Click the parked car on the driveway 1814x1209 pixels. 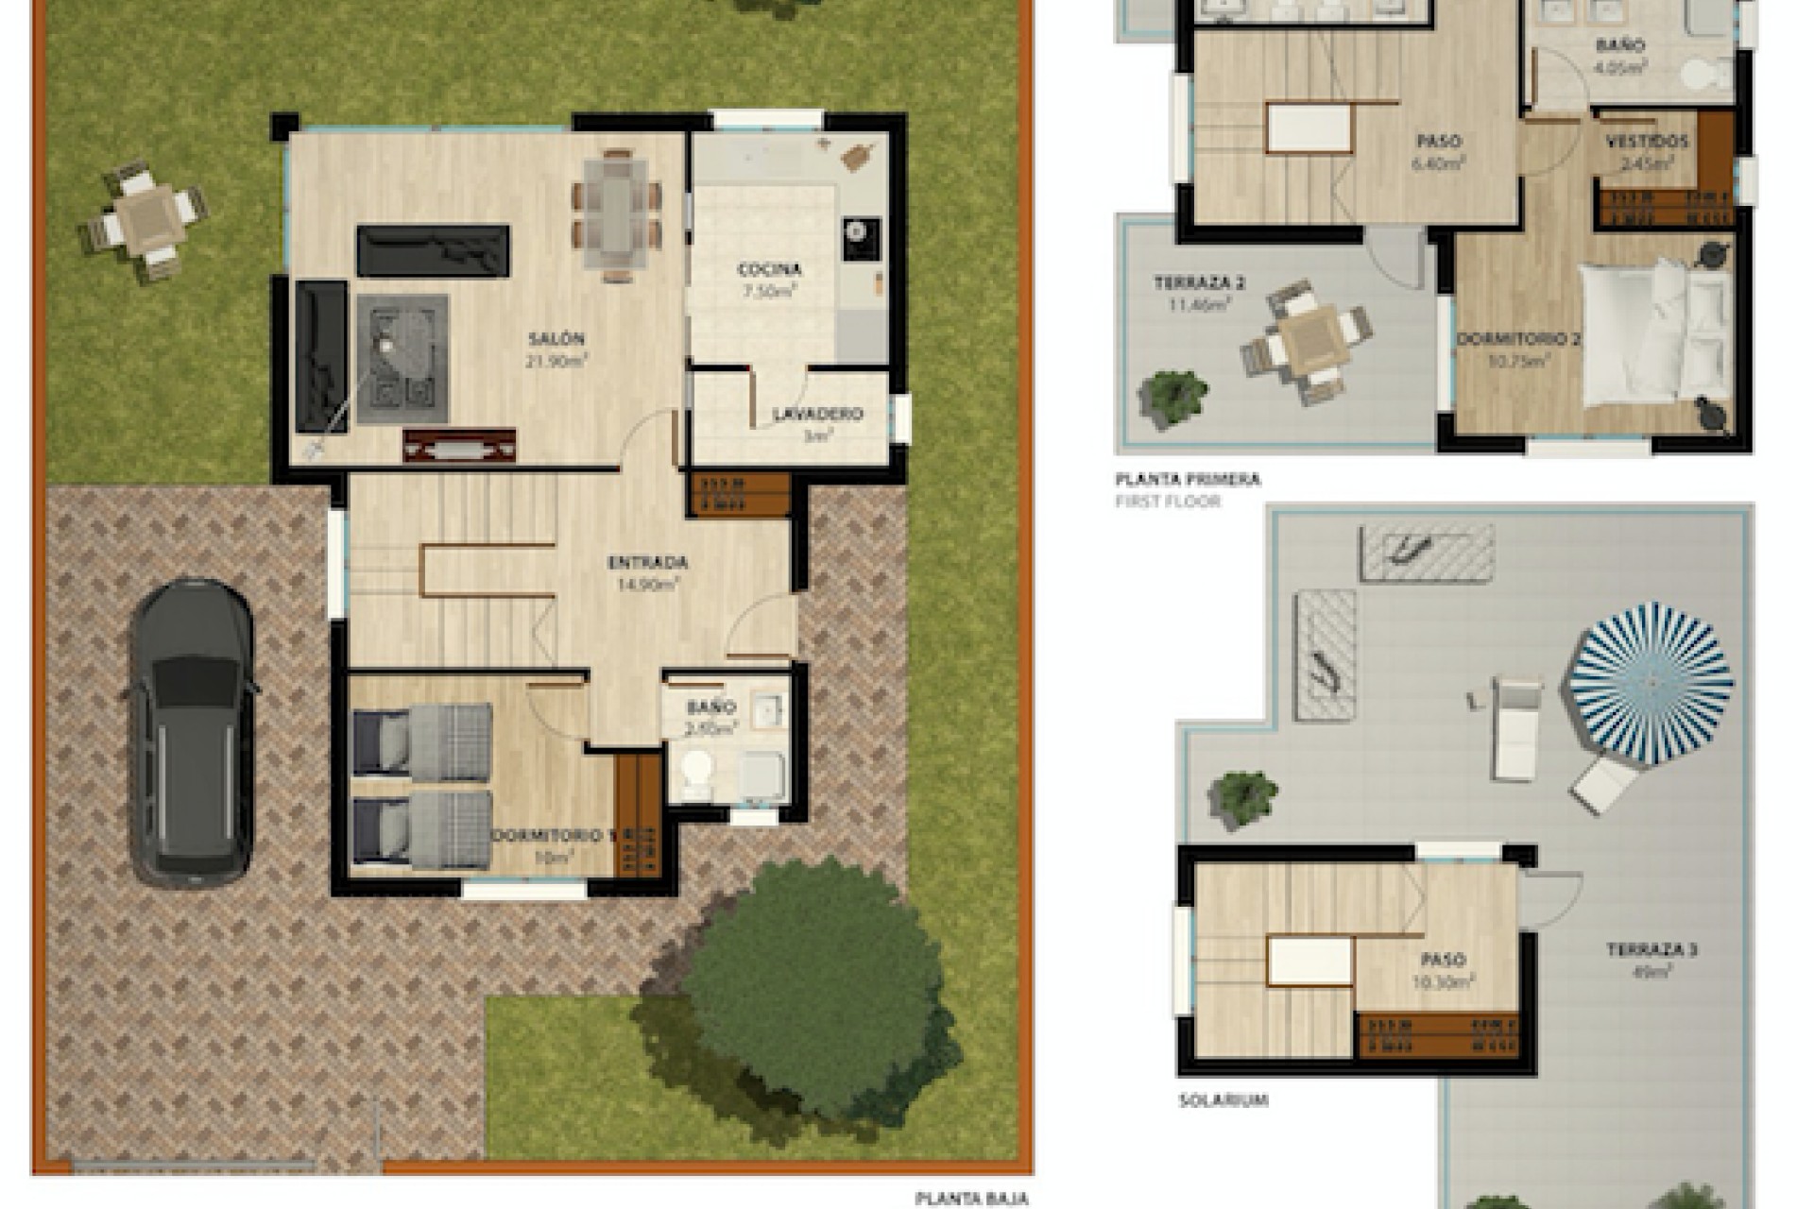click(x=193, y=731)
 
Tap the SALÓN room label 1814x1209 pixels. click(x=556, y=339)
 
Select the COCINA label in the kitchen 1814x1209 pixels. click(x=769, y=270)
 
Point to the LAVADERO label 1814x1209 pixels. click(x=817, y=415)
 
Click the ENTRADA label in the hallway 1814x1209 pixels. click(x=647, y=563)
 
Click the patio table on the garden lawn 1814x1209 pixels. click(x=146, y=219)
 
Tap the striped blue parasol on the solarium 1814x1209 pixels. click(x=1651, y=682)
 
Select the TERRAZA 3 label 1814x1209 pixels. click(x=1651, y=950)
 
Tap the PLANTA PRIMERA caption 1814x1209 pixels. click(x=1188, y=480)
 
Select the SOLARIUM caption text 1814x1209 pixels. click(x=1223, y=1100)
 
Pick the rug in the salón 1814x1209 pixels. click(x=402, y=359)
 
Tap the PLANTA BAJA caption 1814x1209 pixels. click(x=970, y=1199)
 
